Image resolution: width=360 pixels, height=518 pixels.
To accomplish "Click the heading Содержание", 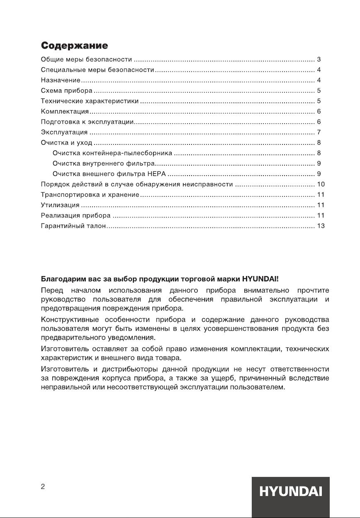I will [x=74, y=45].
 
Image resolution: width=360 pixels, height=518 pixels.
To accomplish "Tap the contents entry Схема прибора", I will [x=66, y=90].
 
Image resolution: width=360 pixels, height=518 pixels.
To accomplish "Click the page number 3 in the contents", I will [x=319, y=59].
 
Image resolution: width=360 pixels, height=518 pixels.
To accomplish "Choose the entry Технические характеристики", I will [x=90, y=101].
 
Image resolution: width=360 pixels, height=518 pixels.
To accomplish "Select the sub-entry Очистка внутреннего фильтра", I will [x=104, y=164].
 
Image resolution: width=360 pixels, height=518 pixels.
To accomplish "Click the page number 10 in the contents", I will [x=320, y=184].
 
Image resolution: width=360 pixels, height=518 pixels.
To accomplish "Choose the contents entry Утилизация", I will [x=60, y=205].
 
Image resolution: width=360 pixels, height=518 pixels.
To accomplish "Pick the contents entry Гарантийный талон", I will [x=73, y=226].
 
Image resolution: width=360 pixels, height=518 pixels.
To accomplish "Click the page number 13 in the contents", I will [x=320, y=226].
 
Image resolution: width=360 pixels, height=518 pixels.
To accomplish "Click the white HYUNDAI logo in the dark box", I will [x=291, y=492].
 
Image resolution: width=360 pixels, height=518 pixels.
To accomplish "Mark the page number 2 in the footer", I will [x=43, y=487].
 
